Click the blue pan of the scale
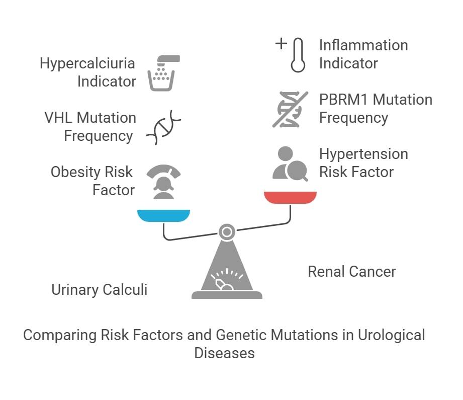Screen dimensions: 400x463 tap(164, 216)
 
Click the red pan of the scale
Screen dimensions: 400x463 tap(290, 197)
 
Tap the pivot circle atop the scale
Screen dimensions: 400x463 tap(227, 232)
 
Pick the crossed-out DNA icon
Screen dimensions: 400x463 tap(290, 109)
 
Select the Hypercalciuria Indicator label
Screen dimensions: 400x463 tap(88, 72)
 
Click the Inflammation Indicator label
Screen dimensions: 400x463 tap(363, 54)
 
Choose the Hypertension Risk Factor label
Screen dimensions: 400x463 tap(363, 163)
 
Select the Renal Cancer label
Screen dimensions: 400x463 tap(351, 272)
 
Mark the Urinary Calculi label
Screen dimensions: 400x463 tap(99, 290)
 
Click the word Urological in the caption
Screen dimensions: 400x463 tap(391, 335)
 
